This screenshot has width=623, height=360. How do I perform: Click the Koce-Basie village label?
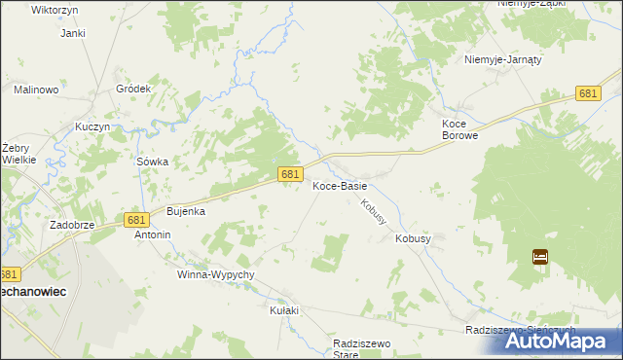point(340,187)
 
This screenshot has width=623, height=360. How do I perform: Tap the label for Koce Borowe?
point(459,130)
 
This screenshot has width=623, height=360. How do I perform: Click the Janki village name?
point(73,33)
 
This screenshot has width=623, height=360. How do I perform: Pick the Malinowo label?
point(37,90)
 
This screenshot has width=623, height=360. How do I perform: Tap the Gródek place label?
point(133,89)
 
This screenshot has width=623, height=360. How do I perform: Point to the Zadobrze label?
point(72,224)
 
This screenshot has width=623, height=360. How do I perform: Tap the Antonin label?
point(153,234)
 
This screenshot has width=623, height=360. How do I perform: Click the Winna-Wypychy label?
point(215,274)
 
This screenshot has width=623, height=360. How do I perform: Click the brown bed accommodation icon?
point(540,257)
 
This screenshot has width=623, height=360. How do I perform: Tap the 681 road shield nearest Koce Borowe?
point(587,93)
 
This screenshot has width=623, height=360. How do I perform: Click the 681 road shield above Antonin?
point(136,220)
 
